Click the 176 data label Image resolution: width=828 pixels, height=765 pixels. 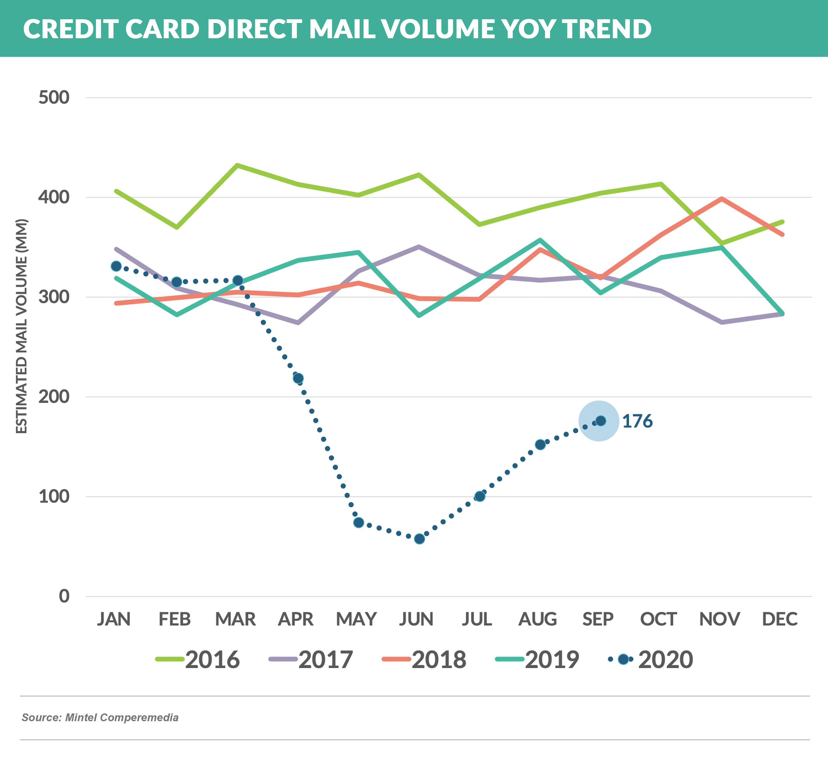637,421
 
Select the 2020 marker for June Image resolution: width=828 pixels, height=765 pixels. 419,539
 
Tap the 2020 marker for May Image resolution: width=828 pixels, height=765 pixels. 359,522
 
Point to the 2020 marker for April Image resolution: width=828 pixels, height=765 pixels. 298,378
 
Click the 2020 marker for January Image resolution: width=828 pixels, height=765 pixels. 116,266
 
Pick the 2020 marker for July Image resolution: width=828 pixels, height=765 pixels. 480,496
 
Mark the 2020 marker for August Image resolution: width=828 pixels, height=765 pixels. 540,444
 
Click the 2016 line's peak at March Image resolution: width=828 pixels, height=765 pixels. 237,165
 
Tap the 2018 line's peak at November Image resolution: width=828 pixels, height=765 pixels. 722,199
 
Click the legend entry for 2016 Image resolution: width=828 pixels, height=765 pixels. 198,659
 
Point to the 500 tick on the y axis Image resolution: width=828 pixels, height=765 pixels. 54,98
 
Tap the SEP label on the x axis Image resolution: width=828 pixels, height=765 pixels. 598,619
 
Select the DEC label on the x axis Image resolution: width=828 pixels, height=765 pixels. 780,619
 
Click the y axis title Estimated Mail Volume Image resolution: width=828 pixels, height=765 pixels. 21,326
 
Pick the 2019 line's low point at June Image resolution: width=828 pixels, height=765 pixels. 419,316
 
